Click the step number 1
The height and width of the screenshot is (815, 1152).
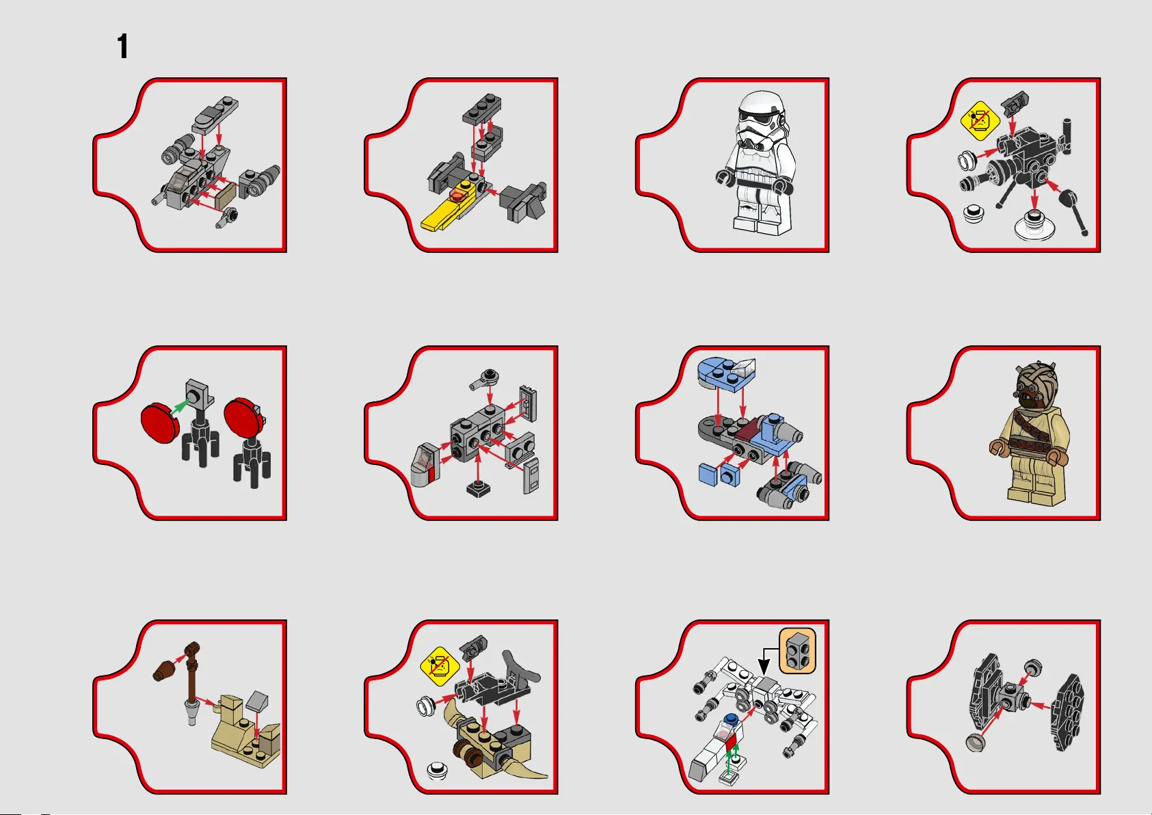122,46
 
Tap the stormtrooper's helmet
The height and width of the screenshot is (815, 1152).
762,121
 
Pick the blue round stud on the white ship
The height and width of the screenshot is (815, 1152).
730,719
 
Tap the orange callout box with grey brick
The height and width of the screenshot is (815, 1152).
798,650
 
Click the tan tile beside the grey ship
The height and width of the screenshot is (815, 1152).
226,196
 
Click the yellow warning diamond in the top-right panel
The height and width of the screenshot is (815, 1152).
980,121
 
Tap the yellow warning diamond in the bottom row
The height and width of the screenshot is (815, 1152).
440,667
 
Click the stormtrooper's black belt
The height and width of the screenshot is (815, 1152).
755,183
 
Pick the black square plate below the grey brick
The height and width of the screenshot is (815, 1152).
479,488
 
